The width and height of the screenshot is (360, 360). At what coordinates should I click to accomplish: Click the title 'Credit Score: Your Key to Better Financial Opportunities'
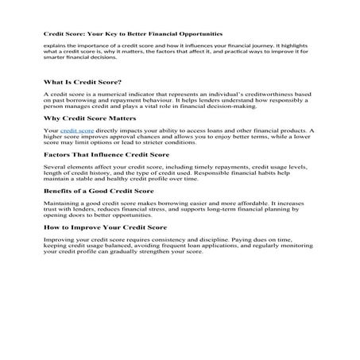click(x=133, y=34)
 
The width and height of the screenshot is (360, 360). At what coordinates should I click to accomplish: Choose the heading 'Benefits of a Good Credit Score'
click(x=99, y=192)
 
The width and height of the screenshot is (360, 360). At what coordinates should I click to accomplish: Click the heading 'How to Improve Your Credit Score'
click(x=103, y=226)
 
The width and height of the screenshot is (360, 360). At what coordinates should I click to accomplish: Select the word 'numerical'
click(x=99, y=94)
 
